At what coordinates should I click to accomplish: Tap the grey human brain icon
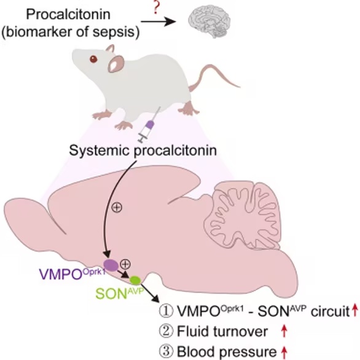(x=209, y=22)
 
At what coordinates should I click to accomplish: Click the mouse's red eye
(x=93, y=59)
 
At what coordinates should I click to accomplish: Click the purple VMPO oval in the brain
(x=111, y=265)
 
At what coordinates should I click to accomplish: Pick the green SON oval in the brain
(x=135, y=280)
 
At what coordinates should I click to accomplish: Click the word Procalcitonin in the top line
(x=68, y=14)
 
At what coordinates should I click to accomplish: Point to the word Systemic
(x=100, y=151)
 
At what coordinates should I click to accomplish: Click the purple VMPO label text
(x=72, y=273)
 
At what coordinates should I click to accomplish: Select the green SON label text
(x=119, y=293)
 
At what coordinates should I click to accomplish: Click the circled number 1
(x=166, y=311)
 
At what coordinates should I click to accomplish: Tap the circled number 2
(x=166, y=331)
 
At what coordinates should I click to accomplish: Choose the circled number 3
(x=166, y=351)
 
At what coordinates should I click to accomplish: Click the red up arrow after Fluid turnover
(x=284, y=331)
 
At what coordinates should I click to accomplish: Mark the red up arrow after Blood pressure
(x=284, y=351)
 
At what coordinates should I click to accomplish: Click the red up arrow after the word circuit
(x=355, y=310)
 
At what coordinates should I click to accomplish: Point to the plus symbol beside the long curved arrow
(x=117, y=207)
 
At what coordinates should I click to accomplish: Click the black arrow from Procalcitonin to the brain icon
(x=158, y=22)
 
